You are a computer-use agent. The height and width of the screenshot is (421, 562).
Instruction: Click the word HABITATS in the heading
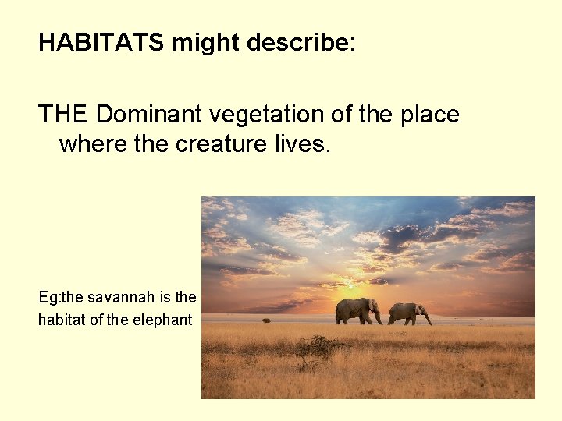(101, 42)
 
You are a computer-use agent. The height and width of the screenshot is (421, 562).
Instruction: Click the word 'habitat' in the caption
(64, 319)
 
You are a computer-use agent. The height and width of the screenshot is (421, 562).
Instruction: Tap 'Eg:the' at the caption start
(61, 297)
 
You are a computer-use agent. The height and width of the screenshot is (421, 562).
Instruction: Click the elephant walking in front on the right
(407, 313)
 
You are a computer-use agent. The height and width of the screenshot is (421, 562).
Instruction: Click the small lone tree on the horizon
(266, 320)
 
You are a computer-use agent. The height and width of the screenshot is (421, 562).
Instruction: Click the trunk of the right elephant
(428, 318)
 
